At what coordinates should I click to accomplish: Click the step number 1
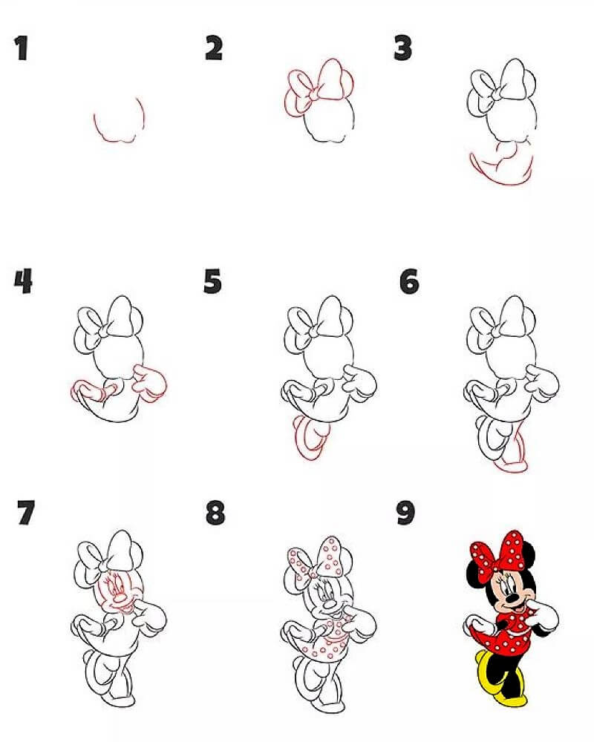[22, 48]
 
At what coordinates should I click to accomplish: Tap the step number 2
[214, 48]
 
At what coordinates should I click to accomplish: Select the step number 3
[402, 48]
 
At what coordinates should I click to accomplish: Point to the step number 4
[23, 281]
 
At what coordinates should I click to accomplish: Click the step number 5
[212, 281]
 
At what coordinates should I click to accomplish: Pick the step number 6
[409, 281]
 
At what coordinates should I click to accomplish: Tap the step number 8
[215, 513]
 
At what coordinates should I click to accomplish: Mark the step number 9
[405, 513]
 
